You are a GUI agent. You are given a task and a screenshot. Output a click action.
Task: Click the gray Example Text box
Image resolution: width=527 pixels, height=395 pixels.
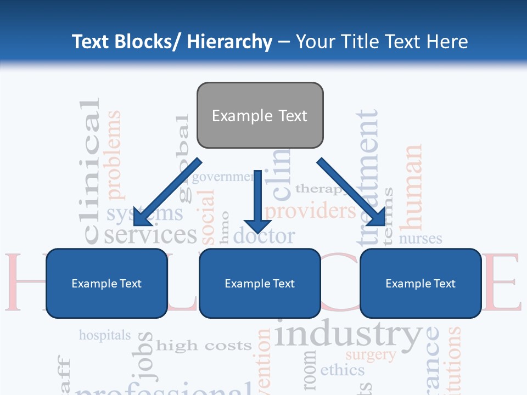pos(260,115)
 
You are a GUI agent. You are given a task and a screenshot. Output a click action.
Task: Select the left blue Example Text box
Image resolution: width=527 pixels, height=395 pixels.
pos(106,283)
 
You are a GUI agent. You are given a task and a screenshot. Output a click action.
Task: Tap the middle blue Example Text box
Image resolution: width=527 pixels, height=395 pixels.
pos(260,283)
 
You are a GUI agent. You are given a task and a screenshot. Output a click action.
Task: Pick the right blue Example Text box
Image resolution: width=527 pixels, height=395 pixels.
pos(421,283)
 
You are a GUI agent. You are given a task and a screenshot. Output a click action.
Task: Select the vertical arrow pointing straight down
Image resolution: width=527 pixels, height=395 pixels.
pos(257,200)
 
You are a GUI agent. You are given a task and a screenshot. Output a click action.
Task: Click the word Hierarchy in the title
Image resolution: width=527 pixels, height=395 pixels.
pos(229,42)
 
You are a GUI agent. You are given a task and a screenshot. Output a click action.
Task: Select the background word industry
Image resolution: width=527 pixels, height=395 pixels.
pos(349,335)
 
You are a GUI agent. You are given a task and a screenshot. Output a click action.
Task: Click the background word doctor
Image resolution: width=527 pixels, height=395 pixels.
pos(264,236)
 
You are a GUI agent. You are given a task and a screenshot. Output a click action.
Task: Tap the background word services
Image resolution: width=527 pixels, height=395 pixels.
pos(150,235)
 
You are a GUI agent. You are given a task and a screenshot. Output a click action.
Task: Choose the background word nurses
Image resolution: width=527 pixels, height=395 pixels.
pos(420,239)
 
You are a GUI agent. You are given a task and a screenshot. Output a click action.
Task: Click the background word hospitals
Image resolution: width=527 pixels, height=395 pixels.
pos(105,335)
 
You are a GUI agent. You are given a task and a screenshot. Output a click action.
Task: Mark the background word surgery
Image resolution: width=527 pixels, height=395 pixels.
pos(371,355)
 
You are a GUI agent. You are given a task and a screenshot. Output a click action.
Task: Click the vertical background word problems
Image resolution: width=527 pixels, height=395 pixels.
pos(114,155)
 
